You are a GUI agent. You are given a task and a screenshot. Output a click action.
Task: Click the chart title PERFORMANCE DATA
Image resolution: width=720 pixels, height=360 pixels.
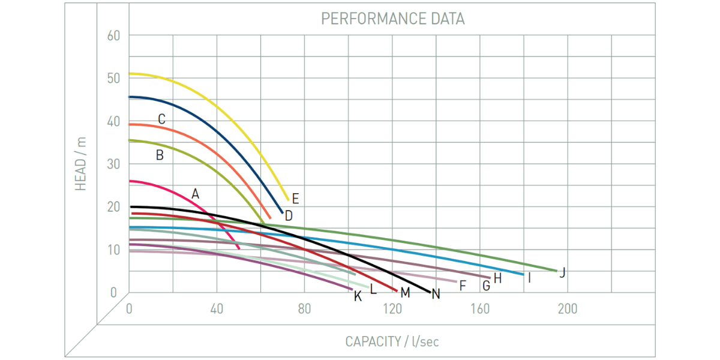(x=392, y=19)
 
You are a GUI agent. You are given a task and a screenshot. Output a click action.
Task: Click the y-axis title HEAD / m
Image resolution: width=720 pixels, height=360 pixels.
(x=81, y=164)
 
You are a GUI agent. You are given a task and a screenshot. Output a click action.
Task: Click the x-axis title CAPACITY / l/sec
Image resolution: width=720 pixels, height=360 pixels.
(x=392, y=341)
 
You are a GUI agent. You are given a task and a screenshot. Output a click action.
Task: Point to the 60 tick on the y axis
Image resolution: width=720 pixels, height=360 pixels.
(x=114, y=35)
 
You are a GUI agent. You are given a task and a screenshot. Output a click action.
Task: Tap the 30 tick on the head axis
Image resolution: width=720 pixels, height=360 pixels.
(x=114, y=163)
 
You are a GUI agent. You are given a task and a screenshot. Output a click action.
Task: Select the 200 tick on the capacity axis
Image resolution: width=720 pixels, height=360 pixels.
(x=567, y=309)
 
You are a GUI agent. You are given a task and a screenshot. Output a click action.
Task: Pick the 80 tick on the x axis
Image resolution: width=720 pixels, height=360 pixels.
(x=304, y=309)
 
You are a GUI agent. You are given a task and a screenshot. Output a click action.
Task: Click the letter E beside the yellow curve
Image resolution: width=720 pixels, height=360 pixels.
(x=295, y=198)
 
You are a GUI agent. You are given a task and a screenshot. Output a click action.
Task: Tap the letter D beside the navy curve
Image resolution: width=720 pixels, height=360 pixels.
(x=289, y=216)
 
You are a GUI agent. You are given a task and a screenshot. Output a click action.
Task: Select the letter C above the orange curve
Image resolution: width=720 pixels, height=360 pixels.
(x=161, y=119)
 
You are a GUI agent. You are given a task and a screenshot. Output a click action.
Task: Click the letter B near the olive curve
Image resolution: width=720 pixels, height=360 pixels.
(x=160, y=155)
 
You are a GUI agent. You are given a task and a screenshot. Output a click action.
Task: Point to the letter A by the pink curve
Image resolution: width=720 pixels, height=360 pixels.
(x=195, y=194)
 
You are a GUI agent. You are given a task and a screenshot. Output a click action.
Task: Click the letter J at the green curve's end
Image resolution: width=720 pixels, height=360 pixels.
(x=562, y=273)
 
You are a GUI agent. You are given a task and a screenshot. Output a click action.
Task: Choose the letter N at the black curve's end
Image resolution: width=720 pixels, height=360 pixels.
(x=436, y=294)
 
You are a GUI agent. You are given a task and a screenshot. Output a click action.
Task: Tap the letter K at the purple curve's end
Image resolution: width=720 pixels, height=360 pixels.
(x=358, y=296)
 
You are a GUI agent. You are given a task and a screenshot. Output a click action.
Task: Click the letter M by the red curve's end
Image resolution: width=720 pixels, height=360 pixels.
(x=405, y=293)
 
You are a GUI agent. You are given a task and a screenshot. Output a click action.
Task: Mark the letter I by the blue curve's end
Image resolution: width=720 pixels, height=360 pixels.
(x=529, y=278)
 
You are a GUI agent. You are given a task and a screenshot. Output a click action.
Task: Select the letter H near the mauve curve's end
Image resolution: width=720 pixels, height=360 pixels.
(x=497, y=278)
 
